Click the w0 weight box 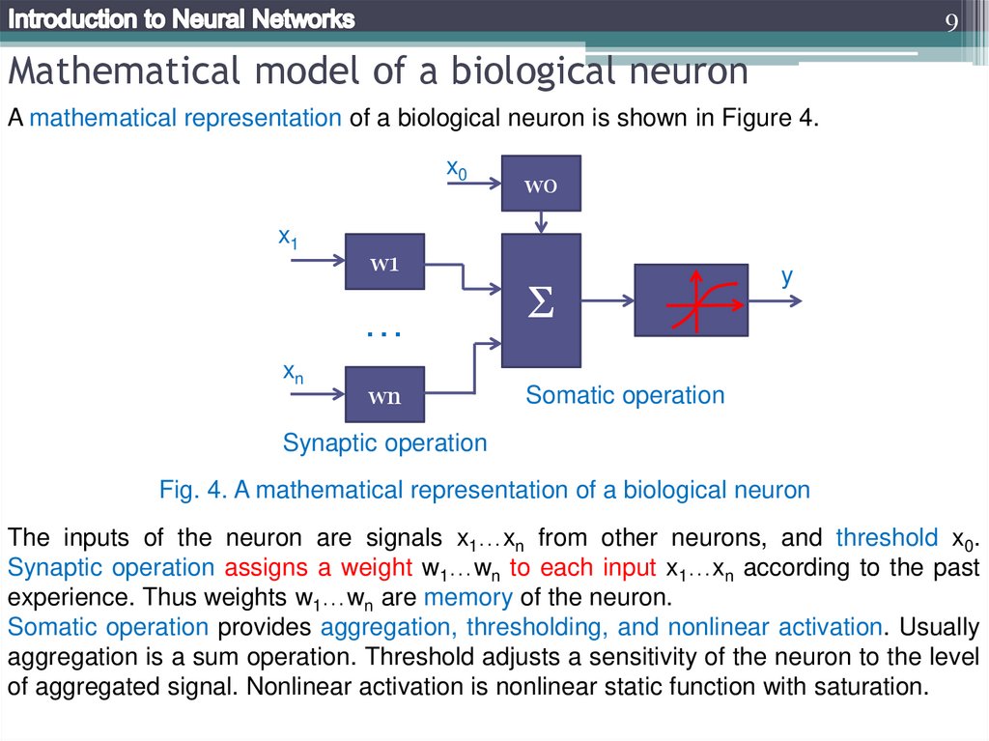[x=541, y=184]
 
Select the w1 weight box [x=384, y=262]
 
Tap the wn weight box [x=384, y=394]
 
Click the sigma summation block [x=541, y=300]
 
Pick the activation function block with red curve [x=691, y=299]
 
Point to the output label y [x=787, y=276]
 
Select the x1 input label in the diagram [x=288, y=237]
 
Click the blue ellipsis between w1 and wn [x=383, y=333]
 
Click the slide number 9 [x=951, y=23]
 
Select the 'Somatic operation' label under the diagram [x=625, y=395]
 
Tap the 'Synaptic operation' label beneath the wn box [x=384, y=443]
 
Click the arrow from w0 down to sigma [x=541, y=222]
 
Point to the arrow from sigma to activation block [x=607, y=300]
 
